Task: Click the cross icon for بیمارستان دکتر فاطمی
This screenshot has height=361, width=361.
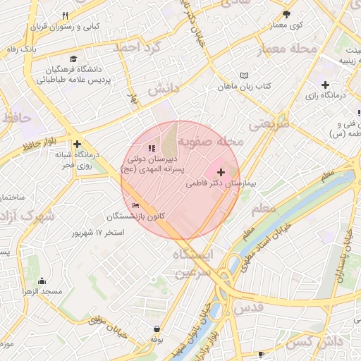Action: tap(221, 172)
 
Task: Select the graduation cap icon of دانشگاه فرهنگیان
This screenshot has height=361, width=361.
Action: tap(73, 59)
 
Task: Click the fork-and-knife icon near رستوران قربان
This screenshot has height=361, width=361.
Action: tap(66, 16)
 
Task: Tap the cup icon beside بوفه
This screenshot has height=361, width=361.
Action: tap(157, 329)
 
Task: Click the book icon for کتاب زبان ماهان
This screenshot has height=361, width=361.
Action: tap(245, 75)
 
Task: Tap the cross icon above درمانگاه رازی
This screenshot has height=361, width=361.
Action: tap(324, 85)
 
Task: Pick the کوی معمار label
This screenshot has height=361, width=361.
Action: tap(286, 25)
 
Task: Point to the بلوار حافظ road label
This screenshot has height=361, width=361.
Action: tap(38, 145)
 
